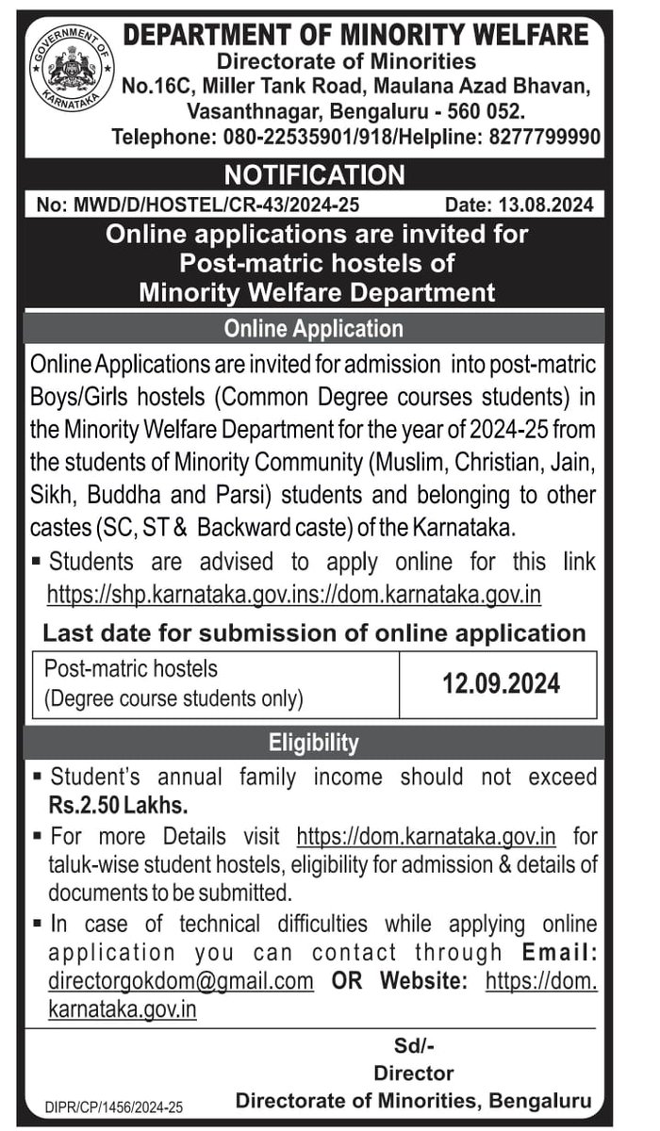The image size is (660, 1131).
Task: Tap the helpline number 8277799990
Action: (545, 137)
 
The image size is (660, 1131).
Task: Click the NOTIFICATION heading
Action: (314, 174)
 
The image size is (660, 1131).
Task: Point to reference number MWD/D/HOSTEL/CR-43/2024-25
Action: (197, 203)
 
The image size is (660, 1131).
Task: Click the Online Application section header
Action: (314, 329)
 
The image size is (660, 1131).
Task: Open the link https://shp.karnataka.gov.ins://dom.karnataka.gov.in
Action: (294, 596)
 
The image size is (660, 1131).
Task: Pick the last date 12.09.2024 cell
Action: (502, 683)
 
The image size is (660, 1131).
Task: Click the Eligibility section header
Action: (314, 743)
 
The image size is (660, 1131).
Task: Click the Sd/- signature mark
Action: (414, 1045)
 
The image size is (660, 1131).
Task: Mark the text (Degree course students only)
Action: (174, 698)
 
